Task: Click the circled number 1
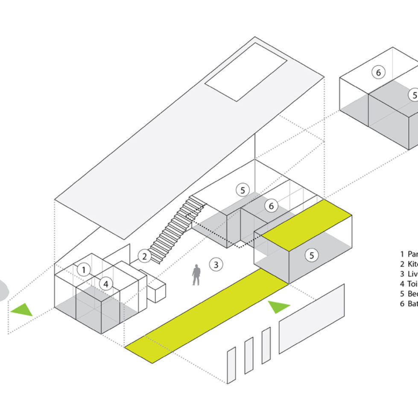coord(84,270)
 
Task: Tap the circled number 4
coord(106,284)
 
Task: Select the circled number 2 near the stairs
coord(145,256)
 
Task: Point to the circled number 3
coord(216,264)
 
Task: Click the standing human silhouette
coord(196,275)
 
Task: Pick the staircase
coord(176,231)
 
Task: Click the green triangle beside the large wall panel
coord(278,306)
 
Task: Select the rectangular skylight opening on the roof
coord(246,71)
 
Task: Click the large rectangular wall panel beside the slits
coord(312,319)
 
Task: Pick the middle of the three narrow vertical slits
coord(248,355)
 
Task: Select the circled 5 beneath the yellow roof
coord(312,255)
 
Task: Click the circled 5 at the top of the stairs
coord(243,190)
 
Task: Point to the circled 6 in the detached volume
coord(378,73)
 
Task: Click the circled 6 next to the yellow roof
coord(271,206)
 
